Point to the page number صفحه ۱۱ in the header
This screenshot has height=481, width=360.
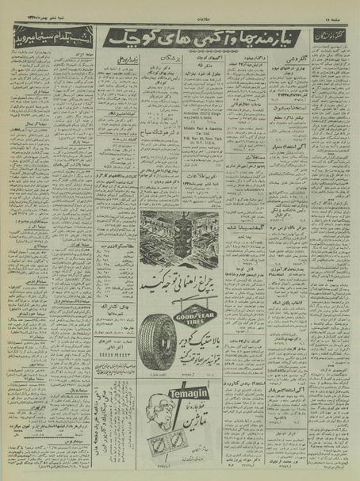coord(339,14)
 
